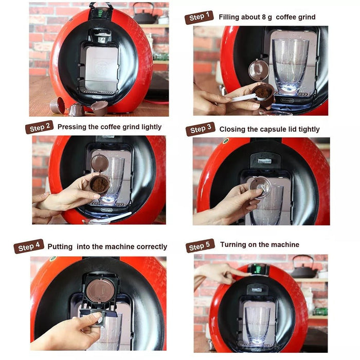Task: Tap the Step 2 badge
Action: click(39, 128)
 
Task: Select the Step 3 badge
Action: click(200, 130)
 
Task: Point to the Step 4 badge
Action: click(28, 247)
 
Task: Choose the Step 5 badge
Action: click(200, 246)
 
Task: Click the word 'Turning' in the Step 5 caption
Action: click(234, 245)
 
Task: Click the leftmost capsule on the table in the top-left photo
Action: click(57, 105)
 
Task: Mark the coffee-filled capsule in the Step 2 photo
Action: click(99, 184)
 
